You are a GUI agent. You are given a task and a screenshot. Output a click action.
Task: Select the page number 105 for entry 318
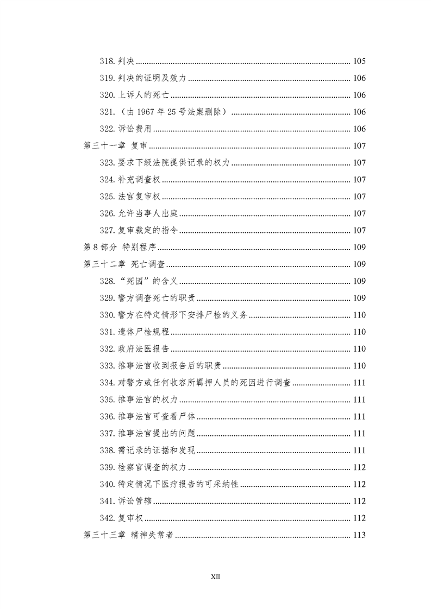359,61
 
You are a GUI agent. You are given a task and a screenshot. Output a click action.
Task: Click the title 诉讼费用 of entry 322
134,129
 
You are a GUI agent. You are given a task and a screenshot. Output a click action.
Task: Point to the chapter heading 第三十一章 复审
116,146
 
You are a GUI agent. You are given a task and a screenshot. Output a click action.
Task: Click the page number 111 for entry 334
359,383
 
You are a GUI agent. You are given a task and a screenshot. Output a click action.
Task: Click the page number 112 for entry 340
359,484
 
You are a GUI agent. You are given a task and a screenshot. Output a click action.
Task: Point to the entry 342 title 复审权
130,518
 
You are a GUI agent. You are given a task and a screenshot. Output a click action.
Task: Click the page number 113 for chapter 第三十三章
359,535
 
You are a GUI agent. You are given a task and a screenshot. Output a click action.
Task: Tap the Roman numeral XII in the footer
215,576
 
